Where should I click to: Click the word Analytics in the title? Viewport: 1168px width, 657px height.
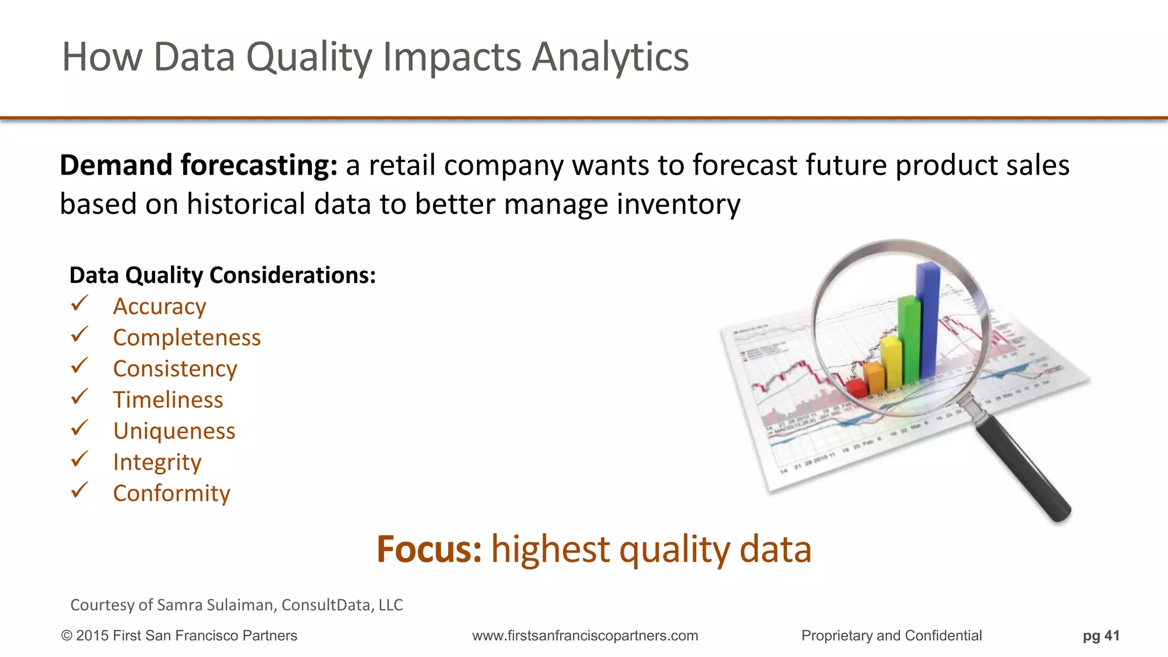pos(610,58)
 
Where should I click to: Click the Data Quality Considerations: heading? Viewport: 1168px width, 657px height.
pos(222,275)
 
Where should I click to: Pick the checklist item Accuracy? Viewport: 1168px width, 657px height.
pos(159,307)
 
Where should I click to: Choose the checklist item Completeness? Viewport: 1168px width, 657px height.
pos(186,338)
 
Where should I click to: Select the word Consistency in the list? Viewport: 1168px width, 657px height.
pos(175,369)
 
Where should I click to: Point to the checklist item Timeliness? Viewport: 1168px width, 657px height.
pos(168,400)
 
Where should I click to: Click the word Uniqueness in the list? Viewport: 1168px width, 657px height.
pos(174,431)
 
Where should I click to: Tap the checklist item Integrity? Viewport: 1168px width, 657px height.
pos(157,463)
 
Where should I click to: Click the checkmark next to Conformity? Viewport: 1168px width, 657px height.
pos(79,490)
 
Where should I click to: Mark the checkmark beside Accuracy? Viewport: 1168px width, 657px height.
pos(79,303)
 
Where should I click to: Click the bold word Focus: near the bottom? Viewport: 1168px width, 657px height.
pos(429,549)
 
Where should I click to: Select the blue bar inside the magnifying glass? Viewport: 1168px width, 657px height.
pos(928,319)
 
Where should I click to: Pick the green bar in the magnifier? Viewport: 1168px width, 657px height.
pos(909,339)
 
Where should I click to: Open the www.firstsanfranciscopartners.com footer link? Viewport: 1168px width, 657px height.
pos(585,636)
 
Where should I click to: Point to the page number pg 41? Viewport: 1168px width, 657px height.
pos(1101,636)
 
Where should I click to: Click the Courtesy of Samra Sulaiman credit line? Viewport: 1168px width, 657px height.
pos(236,605)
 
